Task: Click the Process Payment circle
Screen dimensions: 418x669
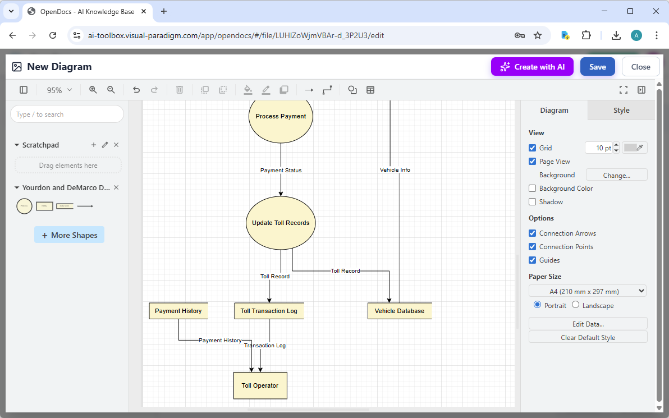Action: [281, 116]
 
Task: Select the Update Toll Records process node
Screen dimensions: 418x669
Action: [281, 223]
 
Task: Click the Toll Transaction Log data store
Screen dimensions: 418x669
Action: [269, 311]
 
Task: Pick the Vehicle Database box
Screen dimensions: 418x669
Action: [400, 311]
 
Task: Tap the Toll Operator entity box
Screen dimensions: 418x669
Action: [260, 385]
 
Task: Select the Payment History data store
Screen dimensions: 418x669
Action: [178, 311]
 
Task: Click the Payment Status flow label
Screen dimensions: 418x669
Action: [281, 170]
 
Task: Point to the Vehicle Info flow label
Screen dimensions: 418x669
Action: [395, 169]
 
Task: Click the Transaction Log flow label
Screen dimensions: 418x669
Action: [265, 346]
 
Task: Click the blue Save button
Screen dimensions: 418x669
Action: [597, 67]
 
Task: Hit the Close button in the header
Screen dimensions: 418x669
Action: [640, 67]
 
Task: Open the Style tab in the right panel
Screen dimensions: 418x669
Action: [621, 111]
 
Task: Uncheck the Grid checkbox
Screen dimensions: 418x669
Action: [533, 148]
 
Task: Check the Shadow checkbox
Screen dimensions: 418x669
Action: [533, 202]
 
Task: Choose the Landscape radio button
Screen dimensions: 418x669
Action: [576, 305]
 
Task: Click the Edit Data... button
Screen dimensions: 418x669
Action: [588, 324]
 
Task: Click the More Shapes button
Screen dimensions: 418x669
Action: [69, 235]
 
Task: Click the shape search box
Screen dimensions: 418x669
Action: [67, 114]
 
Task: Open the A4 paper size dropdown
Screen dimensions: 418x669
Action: [588, 291]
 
